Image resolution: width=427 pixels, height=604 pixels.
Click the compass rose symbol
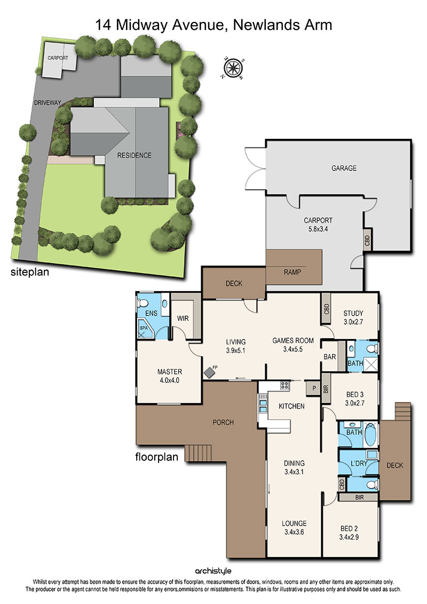(x=233, y=68)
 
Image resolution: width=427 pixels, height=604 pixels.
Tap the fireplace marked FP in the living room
(x=209, y=372)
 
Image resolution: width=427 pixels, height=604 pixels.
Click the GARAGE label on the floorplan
(x=344, y=168)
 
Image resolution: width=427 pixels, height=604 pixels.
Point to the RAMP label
(x=292, y=272)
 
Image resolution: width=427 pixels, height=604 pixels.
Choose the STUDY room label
(x=353, y=313)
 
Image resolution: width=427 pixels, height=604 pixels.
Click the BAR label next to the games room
(x=329, y=357)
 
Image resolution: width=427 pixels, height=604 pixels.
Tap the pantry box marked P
(x=313, y=388)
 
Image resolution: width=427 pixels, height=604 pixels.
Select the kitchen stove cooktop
(x=285, y=385)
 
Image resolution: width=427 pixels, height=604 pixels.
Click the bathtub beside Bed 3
(x=370, y=435)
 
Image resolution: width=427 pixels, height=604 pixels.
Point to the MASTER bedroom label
(x=169, y=372)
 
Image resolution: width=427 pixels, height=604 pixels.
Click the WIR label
(x=183, y=319)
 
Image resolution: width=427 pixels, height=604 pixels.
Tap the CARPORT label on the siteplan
(x=58, y=58)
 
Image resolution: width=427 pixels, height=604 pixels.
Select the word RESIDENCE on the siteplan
(x=135, y=155)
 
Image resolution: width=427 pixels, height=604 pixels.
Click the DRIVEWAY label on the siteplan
(x=48, y=103)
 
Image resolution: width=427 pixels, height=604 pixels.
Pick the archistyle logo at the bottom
(x=213, y=571)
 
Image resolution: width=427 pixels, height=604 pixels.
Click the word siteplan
(x=30, y=272)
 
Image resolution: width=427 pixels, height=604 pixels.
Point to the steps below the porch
(x=199, y=453)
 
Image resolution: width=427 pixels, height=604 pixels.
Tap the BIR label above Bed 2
(x=359, y=497)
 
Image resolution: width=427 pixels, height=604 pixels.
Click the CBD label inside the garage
(x=367, y=241)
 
